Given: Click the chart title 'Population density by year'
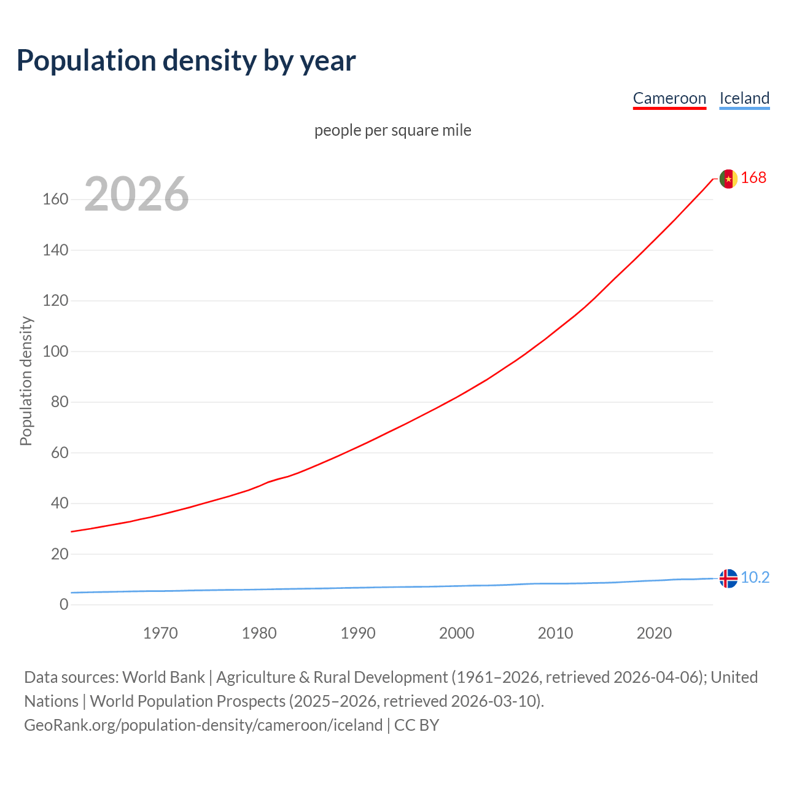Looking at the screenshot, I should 186,60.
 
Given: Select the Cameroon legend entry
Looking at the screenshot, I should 669,98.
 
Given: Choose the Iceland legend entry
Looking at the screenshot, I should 744,98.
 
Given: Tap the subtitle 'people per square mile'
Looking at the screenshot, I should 393,130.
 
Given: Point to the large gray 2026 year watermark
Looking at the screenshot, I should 136,194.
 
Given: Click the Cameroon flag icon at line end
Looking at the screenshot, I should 728,179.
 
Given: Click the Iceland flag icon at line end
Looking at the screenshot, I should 728,578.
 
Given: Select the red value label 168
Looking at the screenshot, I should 753,177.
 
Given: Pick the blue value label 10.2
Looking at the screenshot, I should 755,577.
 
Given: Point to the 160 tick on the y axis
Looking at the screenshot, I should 55,200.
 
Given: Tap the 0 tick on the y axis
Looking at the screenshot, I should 64,605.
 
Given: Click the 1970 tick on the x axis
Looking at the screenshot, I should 160,633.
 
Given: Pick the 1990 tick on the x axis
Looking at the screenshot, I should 358,633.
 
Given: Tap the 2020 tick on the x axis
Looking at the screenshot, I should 654,633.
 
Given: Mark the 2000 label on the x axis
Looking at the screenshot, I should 457,633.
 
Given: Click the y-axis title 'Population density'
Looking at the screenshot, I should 26,381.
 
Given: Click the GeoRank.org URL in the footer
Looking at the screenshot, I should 203,725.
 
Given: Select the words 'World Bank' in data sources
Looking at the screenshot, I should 163,677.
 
